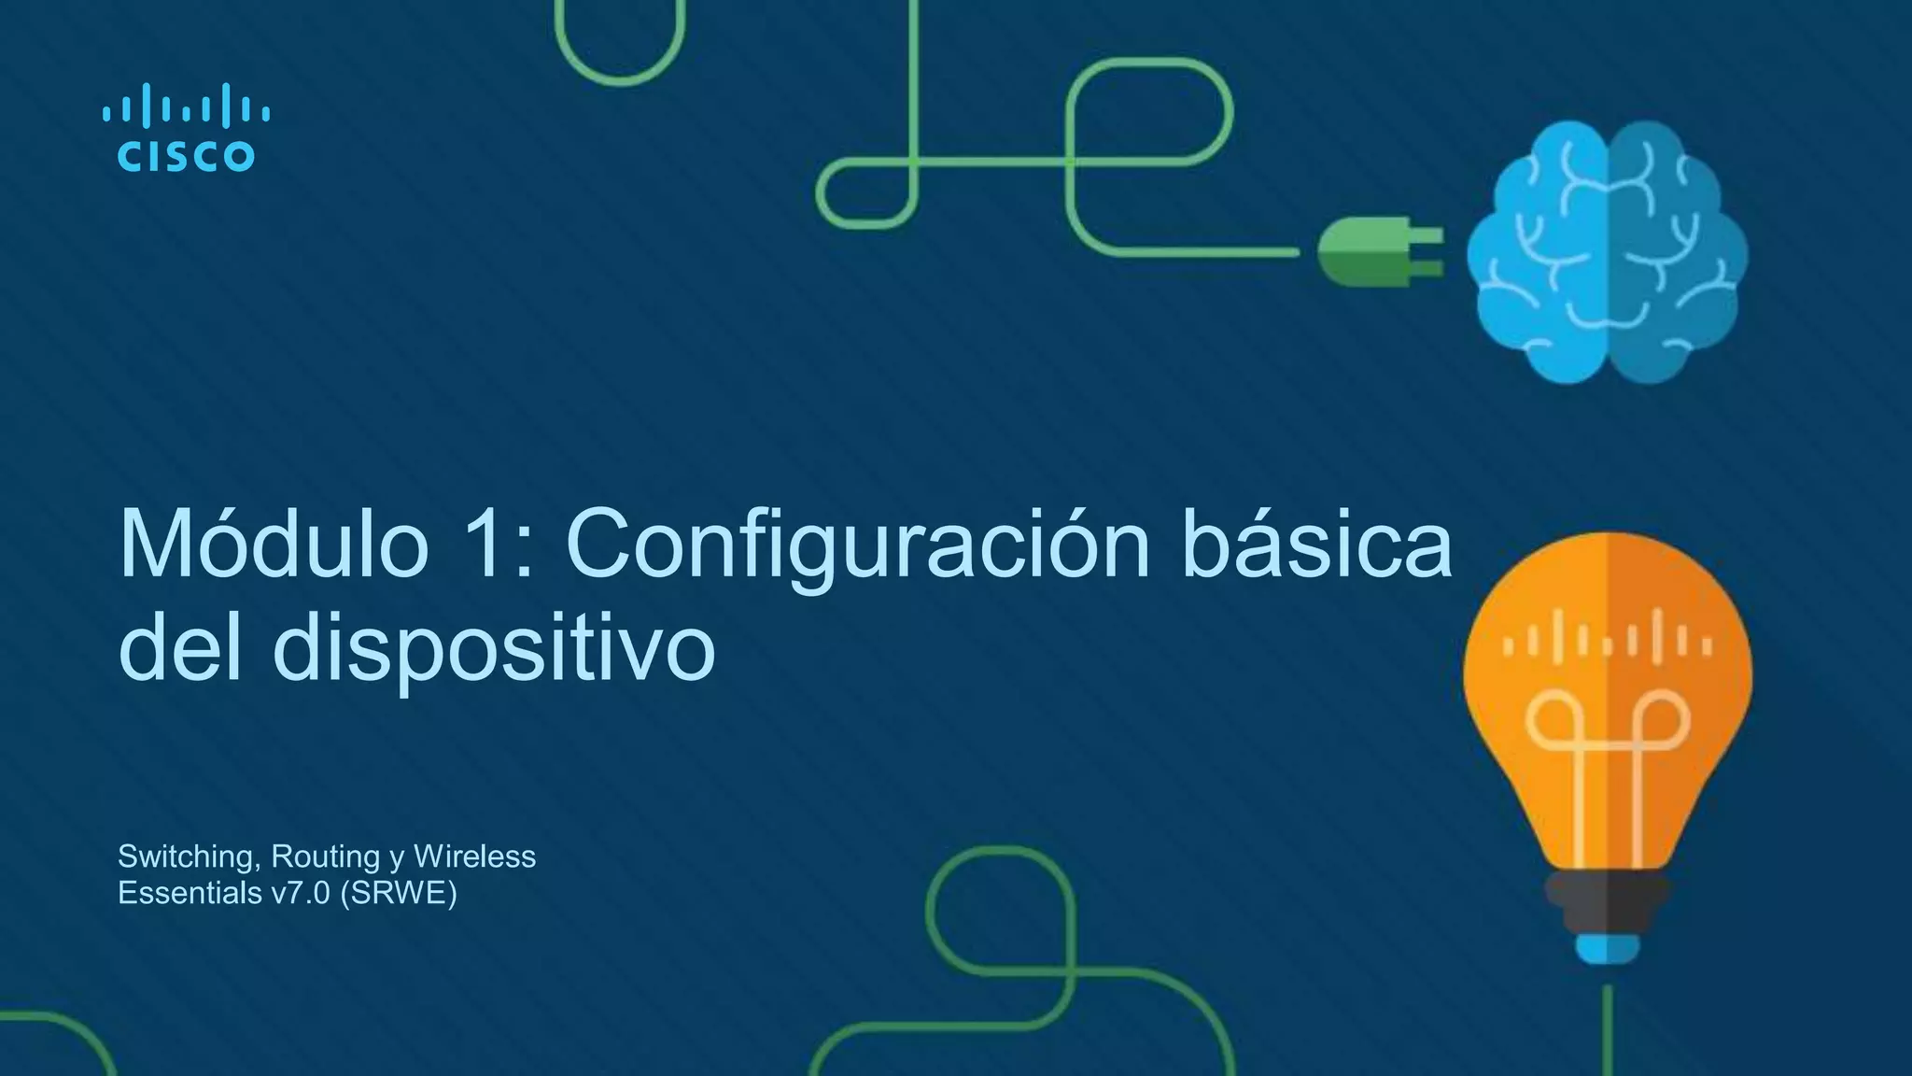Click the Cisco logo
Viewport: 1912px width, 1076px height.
click(x=186, y=128)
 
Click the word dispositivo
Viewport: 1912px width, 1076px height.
click(x=493, y=648)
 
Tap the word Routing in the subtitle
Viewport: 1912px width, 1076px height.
click(x=326, y=857)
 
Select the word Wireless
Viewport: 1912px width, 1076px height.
click(x=474, y=857)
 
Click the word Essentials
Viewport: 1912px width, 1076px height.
click(x=190, y=894)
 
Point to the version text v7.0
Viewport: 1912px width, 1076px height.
click(x=301, y=894)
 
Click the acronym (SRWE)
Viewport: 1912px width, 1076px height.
click(x=399, y=894)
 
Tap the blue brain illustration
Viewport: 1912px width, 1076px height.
click(x=1607, y=252)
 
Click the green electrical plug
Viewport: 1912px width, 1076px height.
click(x=1378, y=251)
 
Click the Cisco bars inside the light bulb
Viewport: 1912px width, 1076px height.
click(x=1607, y=641)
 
